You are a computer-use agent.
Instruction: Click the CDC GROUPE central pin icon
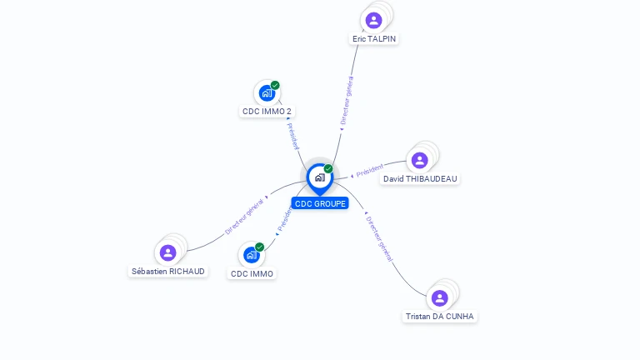click(319, 177)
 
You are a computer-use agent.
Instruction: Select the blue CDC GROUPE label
click(320, 203)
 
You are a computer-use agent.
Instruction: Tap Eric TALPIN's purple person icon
click(373, 20)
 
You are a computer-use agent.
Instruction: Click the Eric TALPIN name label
click(374, 39)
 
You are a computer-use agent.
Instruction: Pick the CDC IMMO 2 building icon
click(267, 92)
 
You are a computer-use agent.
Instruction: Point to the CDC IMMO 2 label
click(267, 112)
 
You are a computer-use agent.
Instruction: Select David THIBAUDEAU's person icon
click(419, 160)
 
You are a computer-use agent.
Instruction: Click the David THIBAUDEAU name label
click(420, 179)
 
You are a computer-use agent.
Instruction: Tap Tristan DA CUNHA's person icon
click(439, 297)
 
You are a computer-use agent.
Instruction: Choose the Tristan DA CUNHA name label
click(439, 317)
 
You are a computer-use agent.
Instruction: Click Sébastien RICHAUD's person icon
click(168, 252)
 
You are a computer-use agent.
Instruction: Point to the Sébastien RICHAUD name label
click(168, 272)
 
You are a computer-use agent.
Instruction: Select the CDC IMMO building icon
click(252, 255)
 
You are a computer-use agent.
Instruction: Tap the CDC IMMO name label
click(252, 274)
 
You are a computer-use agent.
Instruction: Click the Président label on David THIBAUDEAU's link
click(368, 171)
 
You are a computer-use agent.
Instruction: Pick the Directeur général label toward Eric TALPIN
click(347, 101)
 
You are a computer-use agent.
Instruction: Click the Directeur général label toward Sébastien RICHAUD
click(245, 217)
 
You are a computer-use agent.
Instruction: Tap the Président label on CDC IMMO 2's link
click(292, 136)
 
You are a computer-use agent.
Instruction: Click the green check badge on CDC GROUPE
click(328, 169)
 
